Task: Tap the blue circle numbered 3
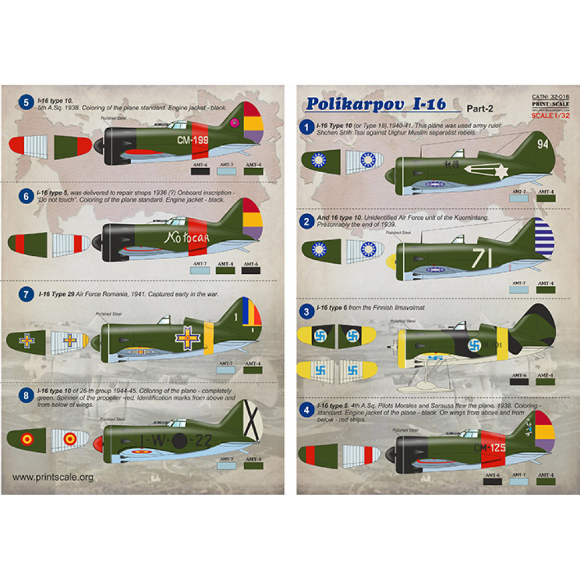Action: click(305, 311)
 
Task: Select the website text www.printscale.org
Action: click(53, 477)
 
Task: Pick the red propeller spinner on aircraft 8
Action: click(97, 444)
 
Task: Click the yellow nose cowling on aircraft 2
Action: click(393, 262)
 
